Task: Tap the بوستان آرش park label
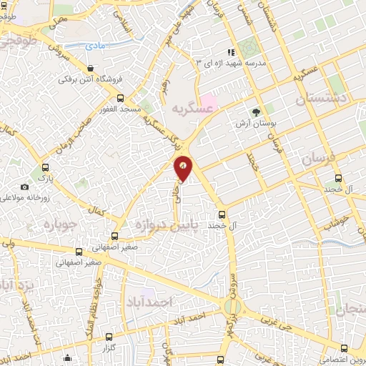[255, 124]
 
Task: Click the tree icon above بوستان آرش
[255, 112]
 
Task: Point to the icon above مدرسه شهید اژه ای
[231, 52]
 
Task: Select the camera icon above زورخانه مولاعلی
[26, 187]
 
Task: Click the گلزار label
[109, 347]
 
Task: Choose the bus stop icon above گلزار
[109, 336]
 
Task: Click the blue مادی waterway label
[95, 46]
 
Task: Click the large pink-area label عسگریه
[193, 109]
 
